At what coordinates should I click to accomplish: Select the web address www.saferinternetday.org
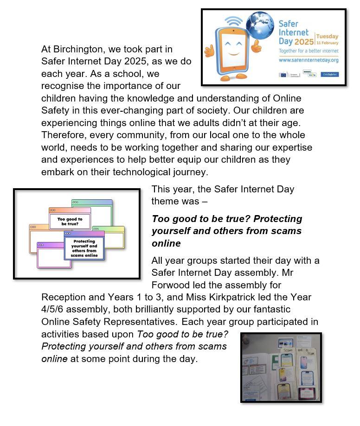[308, 60]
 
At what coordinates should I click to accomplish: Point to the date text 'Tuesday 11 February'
[328, 39]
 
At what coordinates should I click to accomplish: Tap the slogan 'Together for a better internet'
[308, 51]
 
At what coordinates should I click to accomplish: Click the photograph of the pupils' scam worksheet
[281, 367]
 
